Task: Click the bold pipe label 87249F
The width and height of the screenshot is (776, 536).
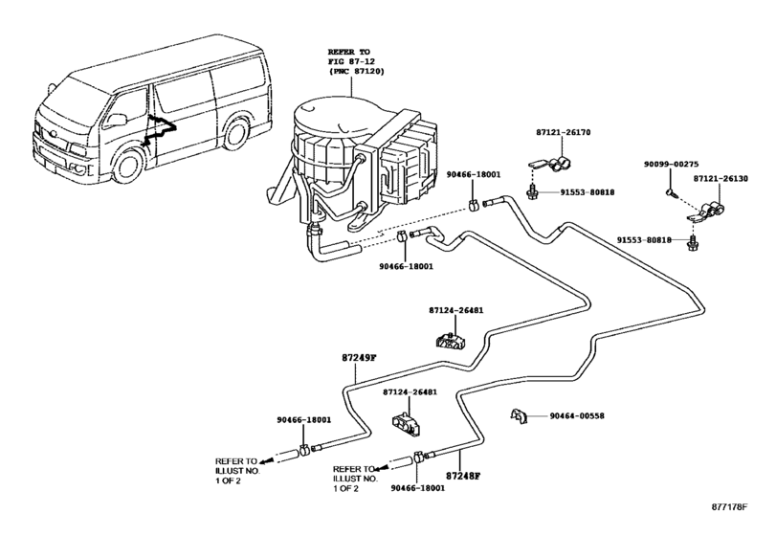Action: click(360, 358)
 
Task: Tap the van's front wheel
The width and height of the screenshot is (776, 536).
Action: click(123, 170)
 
